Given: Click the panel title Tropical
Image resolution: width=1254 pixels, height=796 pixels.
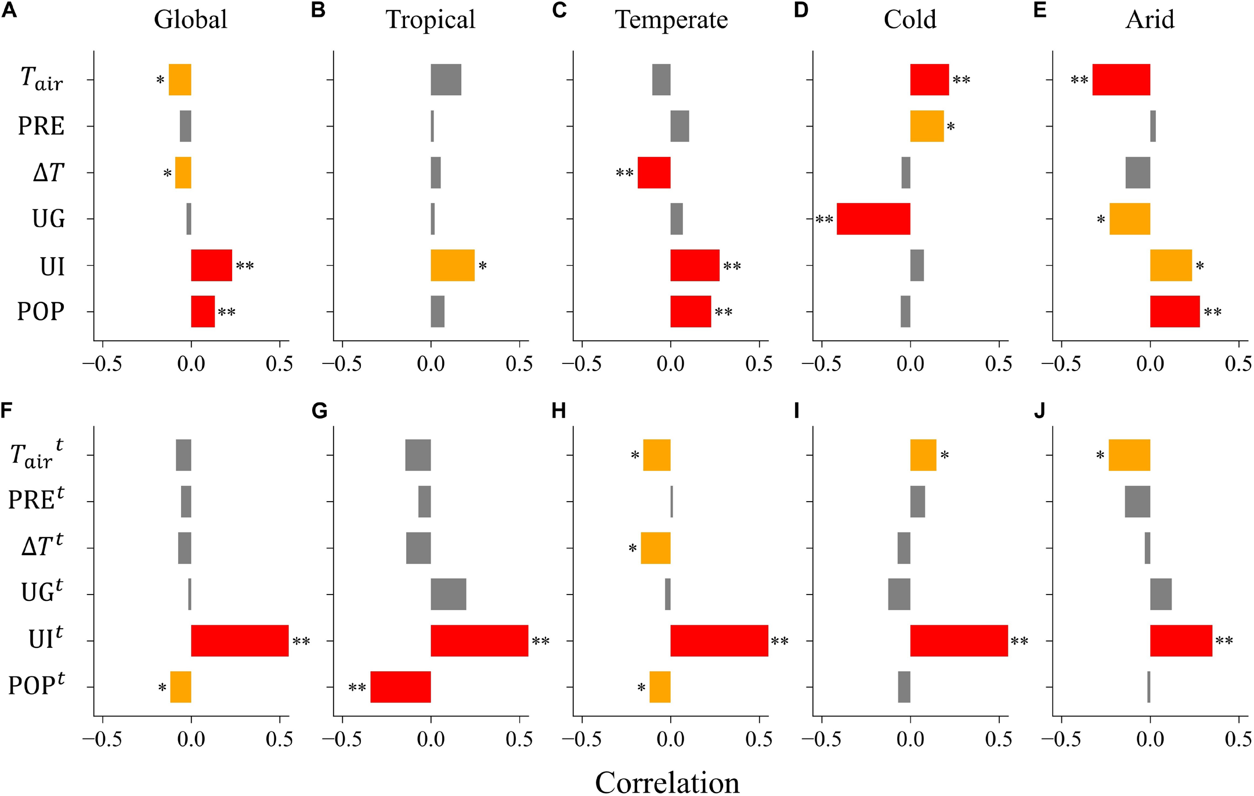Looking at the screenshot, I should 430,20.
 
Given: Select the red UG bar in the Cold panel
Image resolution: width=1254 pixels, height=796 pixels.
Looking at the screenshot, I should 873,219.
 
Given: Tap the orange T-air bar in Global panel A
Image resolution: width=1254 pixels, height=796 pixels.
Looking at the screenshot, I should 180,80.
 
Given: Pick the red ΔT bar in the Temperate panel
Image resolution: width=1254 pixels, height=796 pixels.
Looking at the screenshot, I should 654,172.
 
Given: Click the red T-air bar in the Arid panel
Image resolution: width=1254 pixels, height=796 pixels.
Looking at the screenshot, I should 1121,80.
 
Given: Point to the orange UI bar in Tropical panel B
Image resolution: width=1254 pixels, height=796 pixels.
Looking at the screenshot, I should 453,265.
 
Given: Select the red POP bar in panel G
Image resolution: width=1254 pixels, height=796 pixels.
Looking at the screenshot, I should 400,687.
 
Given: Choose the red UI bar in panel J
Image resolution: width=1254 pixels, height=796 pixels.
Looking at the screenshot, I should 1181,640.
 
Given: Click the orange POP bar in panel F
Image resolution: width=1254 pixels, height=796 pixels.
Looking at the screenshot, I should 180,687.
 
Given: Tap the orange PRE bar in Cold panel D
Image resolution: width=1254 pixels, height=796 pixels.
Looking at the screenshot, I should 927,126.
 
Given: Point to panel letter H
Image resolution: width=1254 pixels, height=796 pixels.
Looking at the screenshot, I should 558,411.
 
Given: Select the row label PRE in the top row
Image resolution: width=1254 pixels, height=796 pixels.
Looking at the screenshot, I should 41,126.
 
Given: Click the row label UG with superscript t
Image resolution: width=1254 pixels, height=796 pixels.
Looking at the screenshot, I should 42,592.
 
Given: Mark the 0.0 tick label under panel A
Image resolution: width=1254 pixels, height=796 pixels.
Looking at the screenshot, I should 191,364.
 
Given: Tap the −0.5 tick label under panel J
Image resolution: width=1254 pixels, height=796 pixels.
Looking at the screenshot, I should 1061,739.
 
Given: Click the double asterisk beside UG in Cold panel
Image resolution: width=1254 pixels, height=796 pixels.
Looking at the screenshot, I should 825,219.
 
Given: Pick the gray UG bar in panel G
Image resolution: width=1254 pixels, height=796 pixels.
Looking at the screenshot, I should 448,594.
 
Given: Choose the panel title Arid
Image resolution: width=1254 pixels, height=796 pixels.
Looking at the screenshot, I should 1150,20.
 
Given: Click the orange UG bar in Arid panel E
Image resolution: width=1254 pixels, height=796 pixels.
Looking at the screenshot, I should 1129,219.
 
